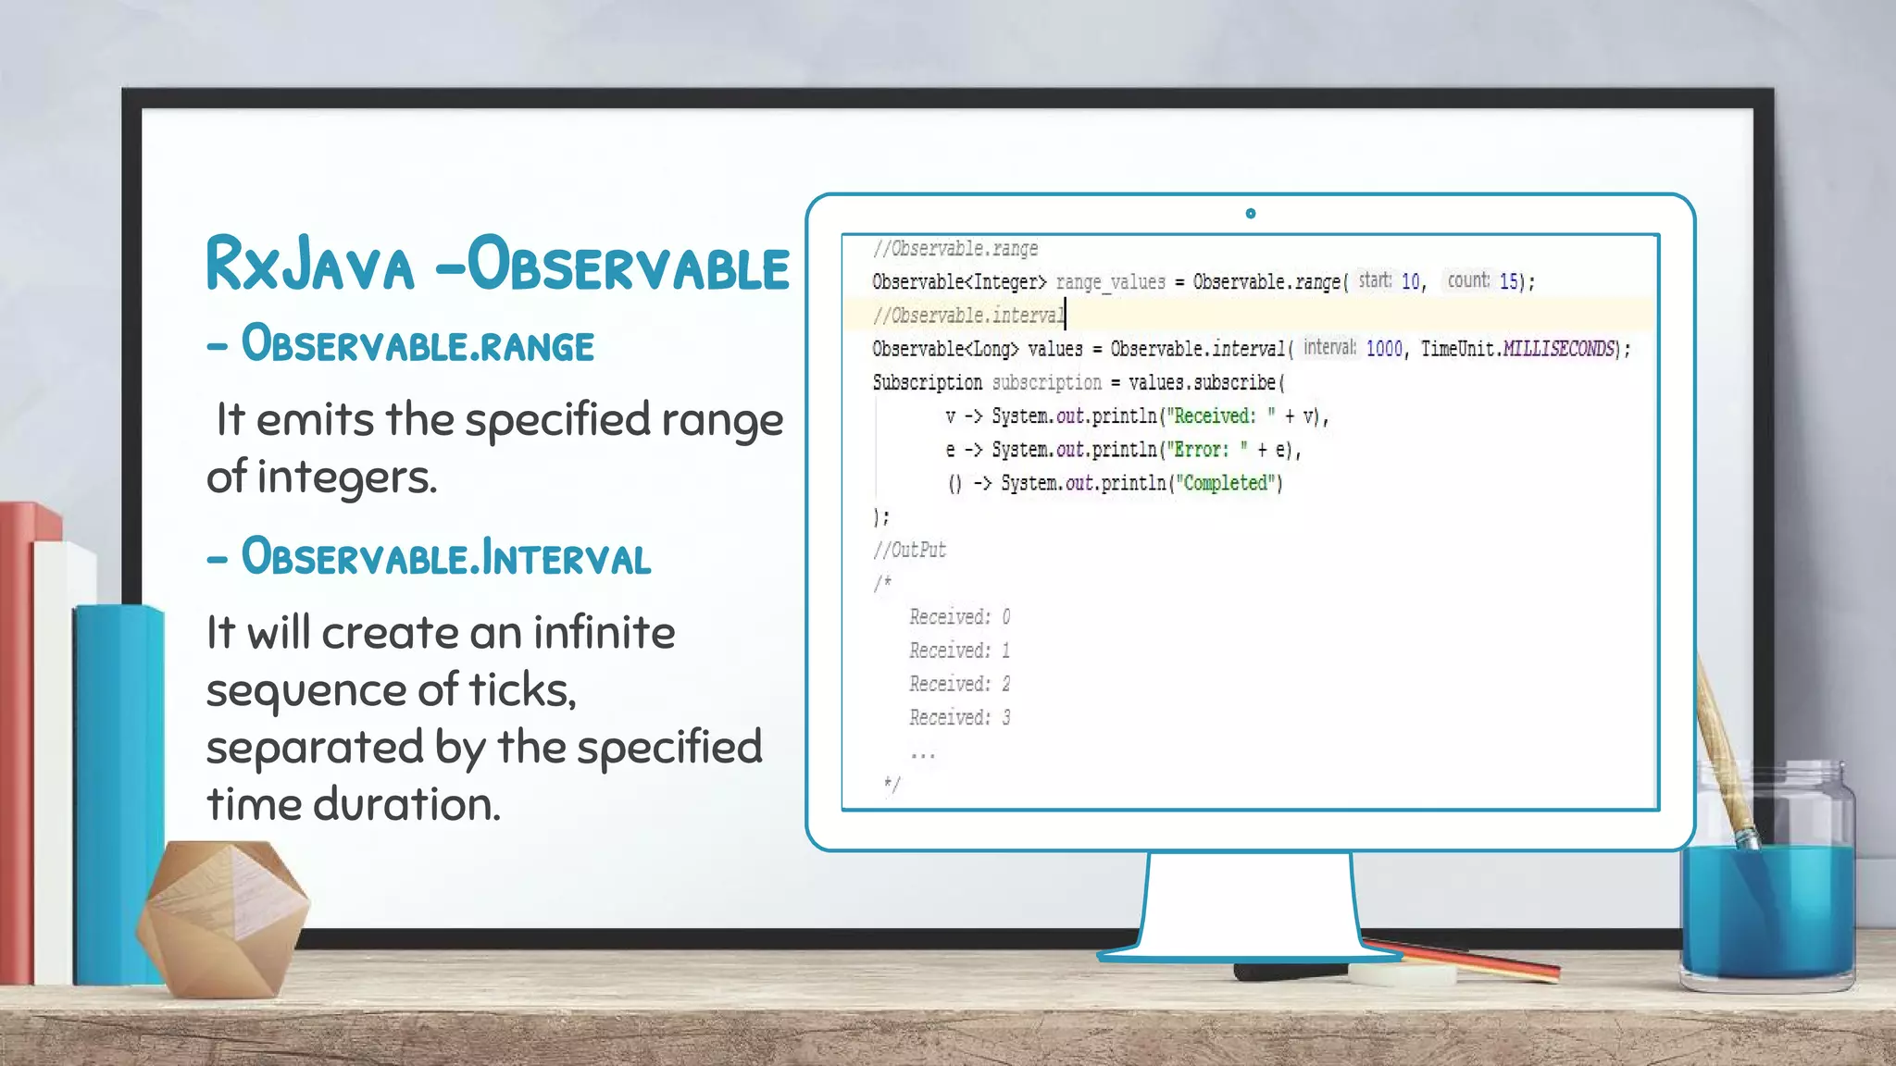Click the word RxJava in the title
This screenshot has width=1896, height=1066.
(309, 266)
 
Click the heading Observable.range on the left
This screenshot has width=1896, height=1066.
(417, 345)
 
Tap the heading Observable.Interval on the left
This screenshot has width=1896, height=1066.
(445, 558)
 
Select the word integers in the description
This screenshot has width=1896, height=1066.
(346, 477)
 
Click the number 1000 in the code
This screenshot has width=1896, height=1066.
(1384, 349)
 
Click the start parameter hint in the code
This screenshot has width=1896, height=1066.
(1375, 280)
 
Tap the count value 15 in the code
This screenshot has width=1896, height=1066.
(1508, 281)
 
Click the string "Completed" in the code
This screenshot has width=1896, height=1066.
(1227, 483)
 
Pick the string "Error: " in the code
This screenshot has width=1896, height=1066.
(1207, 450)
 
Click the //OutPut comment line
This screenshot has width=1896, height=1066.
(909, 551)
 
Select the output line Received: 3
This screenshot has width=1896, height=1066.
(959, 718)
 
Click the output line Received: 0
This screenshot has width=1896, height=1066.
(959, 617)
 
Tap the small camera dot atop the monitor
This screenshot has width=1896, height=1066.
(1251, 214)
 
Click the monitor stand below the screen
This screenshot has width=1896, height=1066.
(1250, 907)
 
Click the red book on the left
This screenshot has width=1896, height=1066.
(16, 740)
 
